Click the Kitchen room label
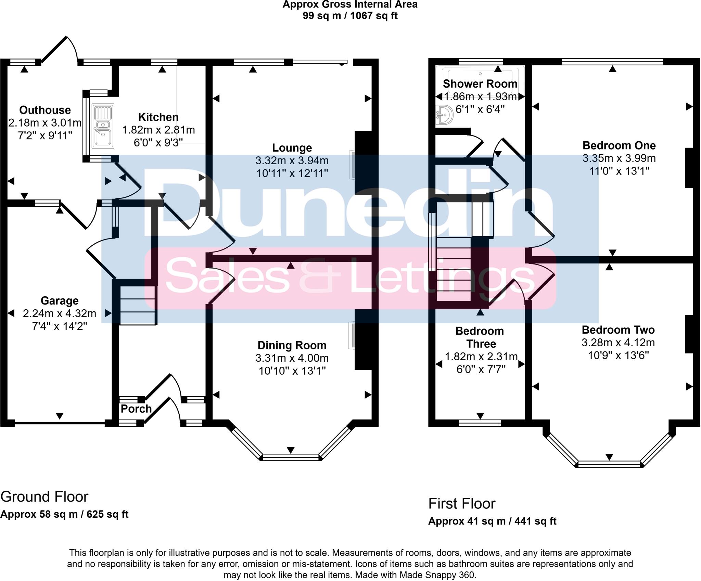point(158,117)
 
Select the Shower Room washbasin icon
point(445,115)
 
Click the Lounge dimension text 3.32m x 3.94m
point(292,160)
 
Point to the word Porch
point(136,409)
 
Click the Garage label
point(60,301)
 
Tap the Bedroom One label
point(619,146)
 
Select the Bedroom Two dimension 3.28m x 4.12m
point(618,343)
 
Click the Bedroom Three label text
point(480,337)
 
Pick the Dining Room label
point(292,346)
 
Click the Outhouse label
point(45,110)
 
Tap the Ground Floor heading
point(44,497)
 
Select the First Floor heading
point(462,504)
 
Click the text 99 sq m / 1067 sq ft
point(350,16)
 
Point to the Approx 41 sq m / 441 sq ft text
point(492,521)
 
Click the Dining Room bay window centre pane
point(291,457)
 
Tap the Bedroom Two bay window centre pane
point(609,464)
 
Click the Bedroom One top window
point(612,62)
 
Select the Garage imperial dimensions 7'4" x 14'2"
point(60,326)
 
